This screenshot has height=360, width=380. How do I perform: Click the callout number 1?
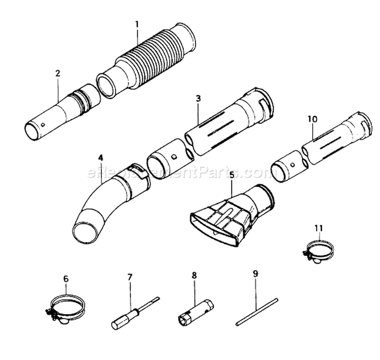137,23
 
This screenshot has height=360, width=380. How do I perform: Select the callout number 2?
58,73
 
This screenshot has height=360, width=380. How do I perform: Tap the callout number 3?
198,98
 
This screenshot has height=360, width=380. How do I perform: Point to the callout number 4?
101,157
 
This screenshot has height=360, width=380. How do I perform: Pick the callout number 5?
232,175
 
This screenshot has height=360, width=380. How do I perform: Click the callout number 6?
65,278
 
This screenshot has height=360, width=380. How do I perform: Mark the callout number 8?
194,276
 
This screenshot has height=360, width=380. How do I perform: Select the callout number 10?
312,118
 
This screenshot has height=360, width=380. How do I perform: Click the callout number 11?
318,228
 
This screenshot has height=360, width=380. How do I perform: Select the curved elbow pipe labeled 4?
101,203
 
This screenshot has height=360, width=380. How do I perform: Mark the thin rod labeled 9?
257,312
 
